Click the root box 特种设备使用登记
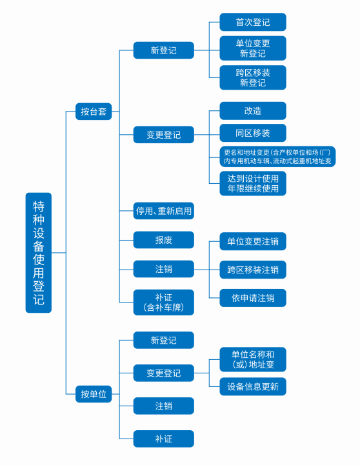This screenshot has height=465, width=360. [39, 253]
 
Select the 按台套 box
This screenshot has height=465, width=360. [94, 112]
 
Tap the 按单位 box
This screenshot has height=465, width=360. [94, 394]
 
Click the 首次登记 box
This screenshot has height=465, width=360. [253, 22]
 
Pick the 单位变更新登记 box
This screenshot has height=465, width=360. [253, 48]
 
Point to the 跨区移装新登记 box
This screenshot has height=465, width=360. [253, 77]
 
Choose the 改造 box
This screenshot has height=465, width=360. [253, 111]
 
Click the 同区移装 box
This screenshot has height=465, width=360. [253, 133]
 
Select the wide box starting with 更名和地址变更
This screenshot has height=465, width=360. [277, 157]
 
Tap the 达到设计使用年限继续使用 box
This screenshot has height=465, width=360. [253, 184]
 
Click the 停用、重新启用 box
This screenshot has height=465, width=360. [164, 211]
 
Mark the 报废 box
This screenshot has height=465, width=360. [164, 240]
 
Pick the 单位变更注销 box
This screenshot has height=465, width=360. [253, 241]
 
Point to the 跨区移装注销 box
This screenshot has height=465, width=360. [253, 270]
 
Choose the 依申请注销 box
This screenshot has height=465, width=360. [253, 298]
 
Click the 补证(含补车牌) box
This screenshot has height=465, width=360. [164, 302]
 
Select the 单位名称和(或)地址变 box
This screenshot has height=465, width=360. [253, 359]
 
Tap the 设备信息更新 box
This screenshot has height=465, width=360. [253, 386]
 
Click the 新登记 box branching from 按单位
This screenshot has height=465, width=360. [164, 340]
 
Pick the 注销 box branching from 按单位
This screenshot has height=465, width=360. [164, 406]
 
